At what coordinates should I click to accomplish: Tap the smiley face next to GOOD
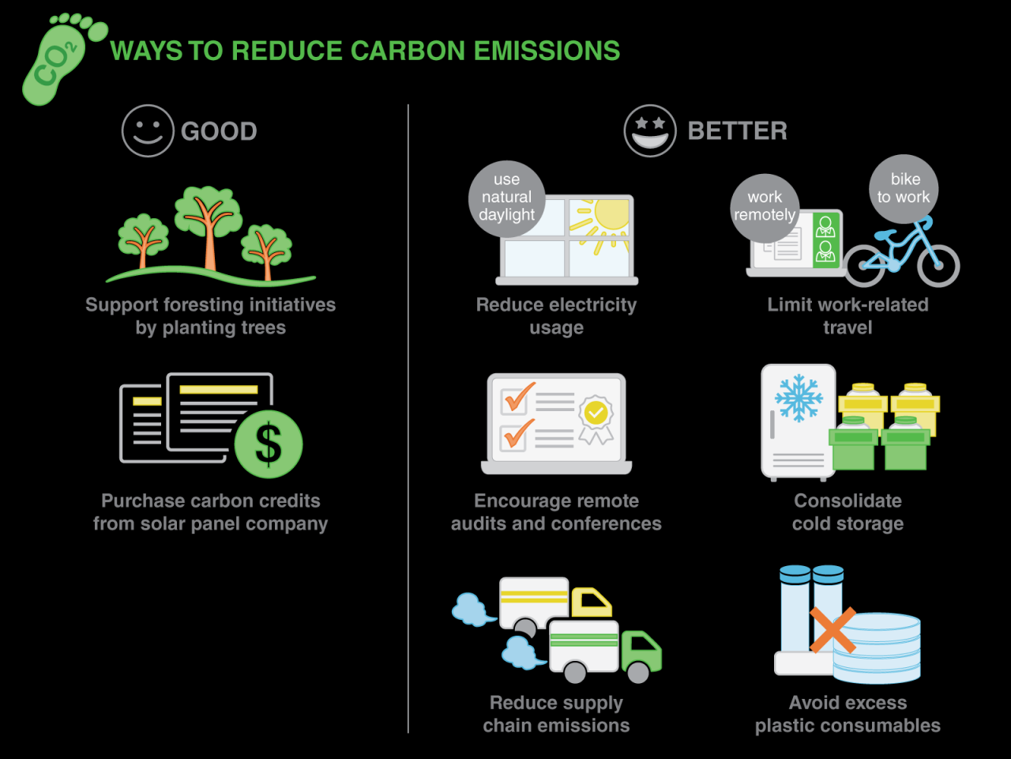(148, 130)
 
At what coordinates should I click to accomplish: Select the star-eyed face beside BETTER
(650, 130)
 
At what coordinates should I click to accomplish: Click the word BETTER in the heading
(737, 131)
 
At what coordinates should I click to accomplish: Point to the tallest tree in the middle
(209, 221)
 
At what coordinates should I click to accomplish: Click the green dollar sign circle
(269, 444)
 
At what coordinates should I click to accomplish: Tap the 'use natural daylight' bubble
(506, 198)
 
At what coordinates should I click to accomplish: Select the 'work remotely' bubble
(765, 206)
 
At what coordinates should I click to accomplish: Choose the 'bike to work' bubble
(904, 188)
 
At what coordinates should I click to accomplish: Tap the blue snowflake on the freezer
(799, 398)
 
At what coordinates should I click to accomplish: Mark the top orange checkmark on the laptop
(517, 398)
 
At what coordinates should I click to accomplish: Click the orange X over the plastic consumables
(832, 630)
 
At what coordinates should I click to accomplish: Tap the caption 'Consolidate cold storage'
(848, 512)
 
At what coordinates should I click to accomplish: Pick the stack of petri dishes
(877, 648)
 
